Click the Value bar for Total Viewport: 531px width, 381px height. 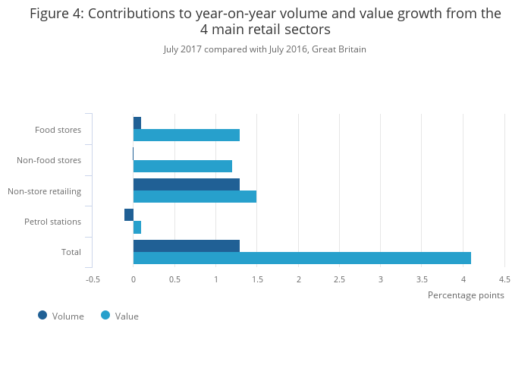click(x=302, y=258)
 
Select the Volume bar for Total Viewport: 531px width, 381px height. click(x=187, y=246)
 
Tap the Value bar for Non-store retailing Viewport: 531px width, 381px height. click(x=195, y=197)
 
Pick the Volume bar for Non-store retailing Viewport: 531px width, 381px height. click(x=187, y=184)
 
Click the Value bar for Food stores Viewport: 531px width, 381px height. click(x=187, y=135)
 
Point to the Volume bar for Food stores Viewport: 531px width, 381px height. click(x=137, y=123)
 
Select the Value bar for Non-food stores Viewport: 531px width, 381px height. click(x=183, y=166)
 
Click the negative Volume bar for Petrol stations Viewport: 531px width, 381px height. click(x=129, y=215)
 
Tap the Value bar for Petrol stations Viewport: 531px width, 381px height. click(x=137, y=228)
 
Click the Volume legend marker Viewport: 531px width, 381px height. click(x=42, y=315)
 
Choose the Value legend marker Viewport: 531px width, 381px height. click(x=105, y=315)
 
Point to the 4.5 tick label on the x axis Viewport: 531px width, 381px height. click(x=504, y=279)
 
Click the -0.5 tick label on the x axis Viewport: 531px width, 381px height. click(x=93, y=279)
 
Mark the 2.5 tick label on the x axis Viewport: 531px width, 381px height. click(x=339, y=279)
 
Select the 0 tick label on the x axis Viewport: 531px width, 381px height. click(x=134, y=279)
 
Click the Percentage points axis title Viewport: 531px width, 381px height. click(x=466, y=295)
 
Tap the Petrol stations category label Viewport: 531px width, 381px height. click(x=52, y=222)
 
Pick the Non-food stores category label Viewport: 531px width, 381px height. click(x=49, y=160)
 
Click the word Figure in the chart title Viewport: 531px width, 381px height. click(x=50, y=14)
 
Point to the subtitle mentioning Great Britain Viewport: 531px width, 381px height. click(x=265, y=49)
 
